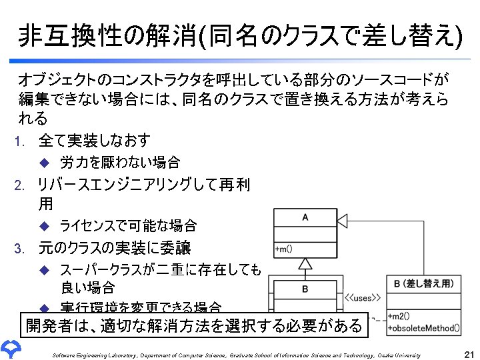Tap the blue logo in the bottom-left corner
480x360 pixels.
click(x=12, y=349)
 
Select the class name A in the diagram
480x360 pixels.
click(x=305, y=217)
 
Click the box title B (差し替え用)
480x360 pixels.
click(x=424, y=284)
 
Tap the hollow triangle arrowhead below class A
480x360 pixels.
click(x=305, y=264)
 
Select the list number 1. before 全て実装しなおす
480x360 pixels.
click(x=21, y=141)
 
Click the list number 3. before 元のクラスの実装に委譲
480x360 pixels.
click(x=21, y=249)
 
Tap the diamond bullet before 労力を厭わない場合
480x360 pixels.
click(x=45, y=162)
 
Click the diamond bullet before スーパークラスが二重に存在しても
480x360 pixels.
click(x=45, y=269)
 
